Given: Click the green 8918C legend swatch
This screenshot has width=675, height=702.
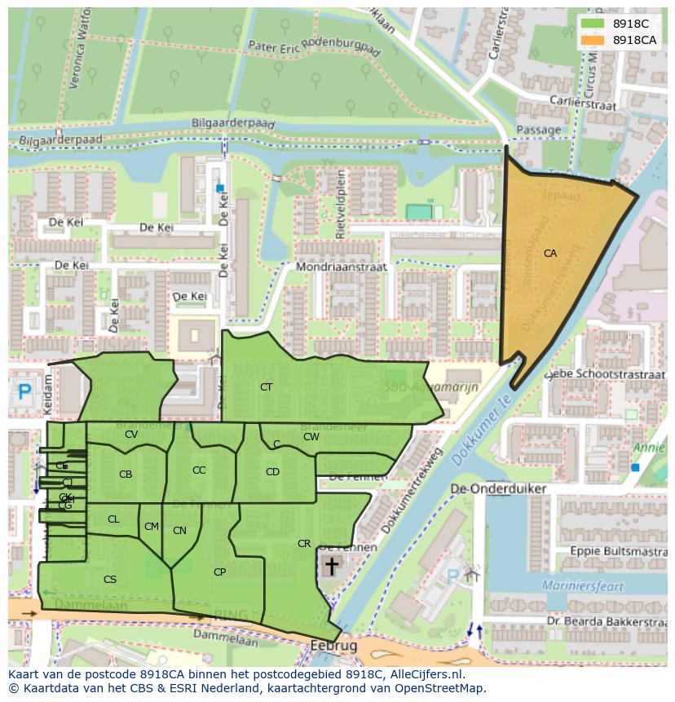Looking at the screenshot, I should tap(593, 24).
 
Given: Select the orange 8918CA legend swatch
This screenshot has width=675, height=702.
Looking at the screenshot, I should tap(593, 40).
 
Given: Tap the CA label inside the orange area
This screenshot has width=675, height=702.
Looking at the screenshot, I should tap(550, 254).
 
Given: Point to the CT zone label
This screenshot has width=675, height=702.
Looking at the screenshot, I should tap(266, 387).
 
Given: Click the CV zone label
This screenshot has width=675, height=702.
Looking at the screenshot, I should tap(131, 435).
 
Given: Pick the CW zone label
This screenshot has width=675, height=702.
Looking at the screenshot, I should tap(311, 437).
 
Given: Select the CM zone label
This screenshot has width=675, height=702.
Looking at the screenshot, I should tap(151, 527).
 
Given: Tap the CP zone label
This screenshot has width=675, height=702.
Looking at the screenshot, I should tap(219, 572).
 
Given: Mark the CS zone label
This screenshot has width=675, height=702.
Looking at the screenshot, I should tap(110, 580).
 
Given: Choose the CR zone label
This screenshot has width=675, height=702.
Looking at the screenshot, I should tap(304, 544).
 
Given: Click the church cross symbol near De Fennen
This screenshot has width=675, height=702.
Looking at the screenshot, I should tap(331, 566).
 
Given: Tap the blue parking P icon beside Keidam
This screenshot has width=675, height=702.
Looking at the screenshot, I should tap(24, 393).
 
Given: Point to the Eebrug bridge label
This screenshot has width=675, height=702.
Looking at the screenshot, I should tap(333, 646).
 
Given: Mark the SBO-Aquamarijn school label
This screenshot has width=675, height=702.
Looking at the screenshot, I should tap(443, 387).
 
